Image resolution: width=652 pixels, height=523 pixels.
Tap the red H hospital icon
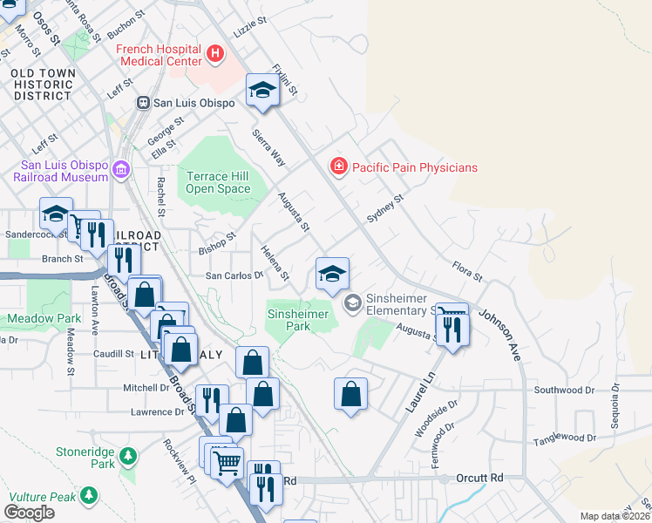click(x=215, y=55)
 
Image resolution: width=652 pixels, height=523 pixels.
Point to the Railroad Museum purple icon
click(x=120, y=168)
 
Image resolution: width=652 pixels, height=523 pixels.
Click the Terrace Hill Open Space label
click(x=219, y=182)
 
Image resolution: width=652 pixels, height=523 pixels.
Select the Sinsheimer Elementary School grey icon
click(x=353, y=302)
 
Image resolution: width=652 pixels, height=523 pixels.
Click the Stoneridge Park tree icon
click(x=128, y=455)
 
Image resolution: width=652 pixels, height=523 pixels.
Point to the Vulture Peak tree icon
click(x=88, y=496)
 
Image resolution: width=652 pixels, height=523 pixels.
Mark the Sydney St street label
click(x=385, y=209)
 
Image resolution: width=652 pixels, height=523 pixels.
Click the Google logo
click(x=29, y=513)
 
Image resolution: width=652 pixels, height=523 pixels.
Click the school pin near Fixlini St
click(x=262, y=92)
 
